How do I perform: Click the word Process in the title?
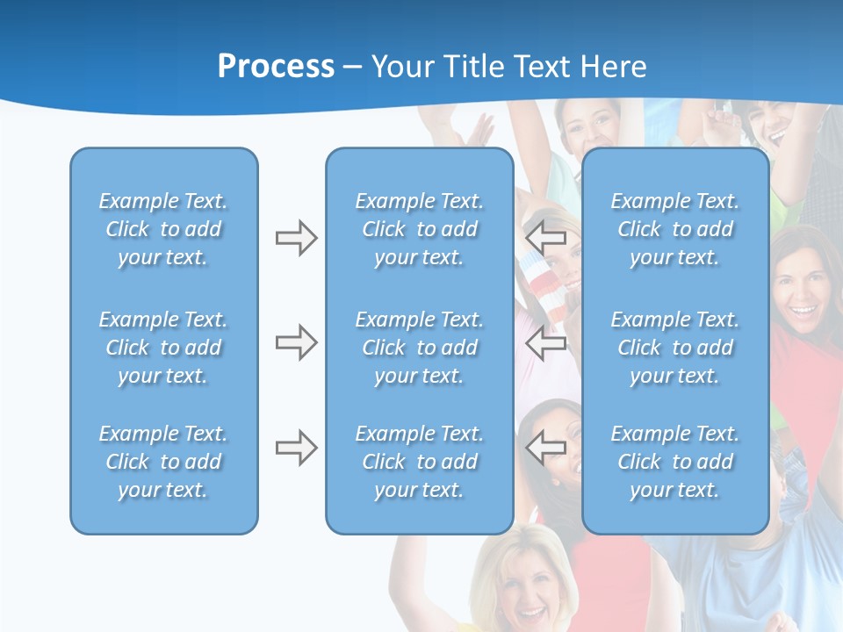276,67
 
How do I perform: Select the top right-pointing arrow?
296,238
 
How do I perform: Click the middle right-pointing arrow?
296,342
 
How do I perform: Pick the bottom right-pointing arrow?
296,448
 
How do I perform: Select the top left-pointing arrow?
546,238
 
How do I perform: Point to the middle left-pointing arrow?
546,342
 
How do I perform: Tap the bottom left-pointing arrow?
546,448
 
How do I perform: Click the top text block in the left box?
163,229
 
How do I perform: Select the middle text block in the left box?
163,348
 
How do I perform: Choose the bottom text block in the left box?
163,462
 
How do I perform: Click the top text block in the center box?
419,229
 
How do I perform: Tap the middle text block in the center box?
419,348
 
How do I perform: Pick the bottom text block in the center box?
419,462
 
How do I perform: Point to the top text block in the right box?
674,229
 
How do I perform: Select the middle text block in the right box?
674,348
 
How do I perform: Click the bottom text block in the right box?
674,462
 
